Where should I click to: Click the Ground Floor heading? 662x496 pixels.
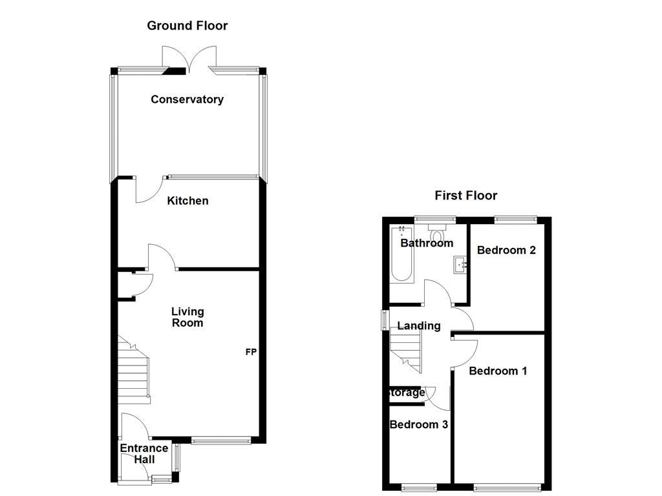187,26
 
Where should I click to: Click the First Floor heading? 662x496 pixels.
465,195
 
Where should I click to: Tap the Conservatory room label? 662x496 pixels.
187,99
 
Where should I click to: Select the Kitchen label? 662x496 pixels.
187,201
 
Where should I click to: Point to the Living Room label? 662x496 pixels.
187,317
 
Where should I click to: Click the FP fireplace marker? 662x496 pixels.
251,353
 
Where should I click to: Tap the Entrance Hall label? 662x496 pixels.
144,453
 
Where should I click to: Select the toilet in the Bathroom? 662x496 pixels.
438,234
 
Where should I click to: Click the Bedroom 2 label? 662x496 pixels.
506,250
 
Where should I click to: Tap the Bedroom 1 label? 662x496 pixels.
498,371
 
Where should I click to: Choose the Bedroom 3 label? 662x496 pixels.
419,424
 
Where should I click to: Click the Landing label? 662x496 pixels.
419,325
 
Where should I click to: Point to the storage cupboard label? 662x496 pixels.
407,392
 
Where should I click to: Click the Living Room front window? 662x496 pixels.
220,441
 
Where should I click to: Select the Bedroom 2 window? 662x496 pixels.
515,220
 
